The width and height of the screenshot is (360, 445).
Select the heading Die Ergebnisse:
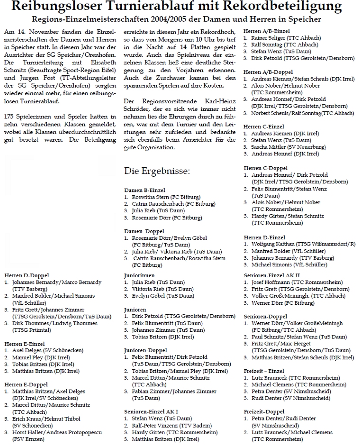[157, 171]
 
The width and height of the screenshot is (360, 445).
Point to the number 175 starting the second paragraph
[9, 117]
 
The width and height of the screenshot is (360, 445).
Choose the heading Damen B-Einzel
[144, 190]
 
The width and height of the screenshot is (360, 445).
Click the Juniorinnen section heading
[139, 275]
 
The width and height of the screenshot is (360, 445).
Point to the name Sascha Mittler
[270, 147]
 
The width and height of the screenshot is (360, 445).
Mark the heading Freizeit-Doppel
[264, 412]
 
